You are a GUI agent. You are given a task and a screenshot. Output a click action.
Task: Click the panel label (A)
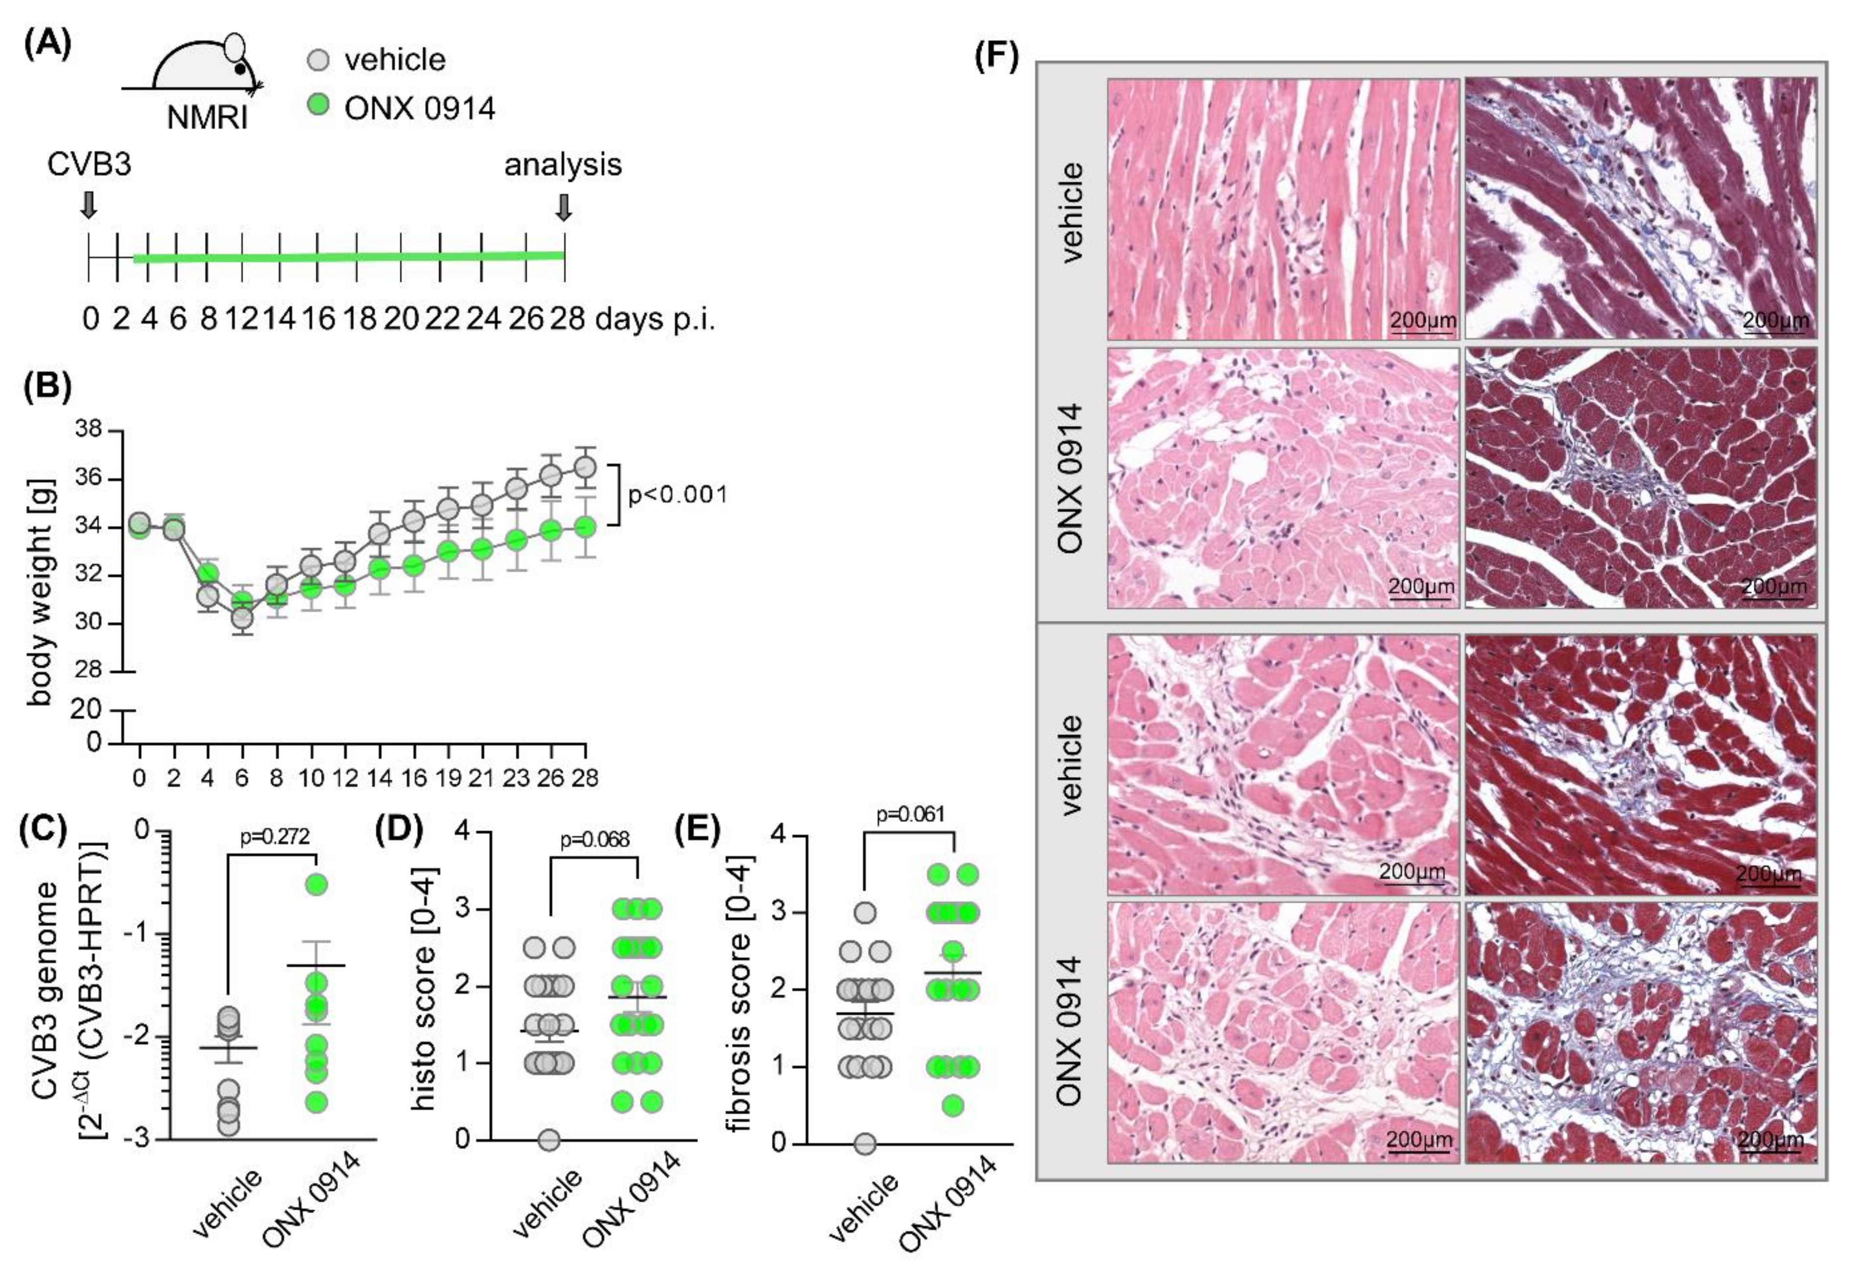(x=48, y=44)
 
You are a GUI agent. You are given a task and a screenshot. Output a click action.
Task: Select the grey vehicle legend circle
(x=317, y=60)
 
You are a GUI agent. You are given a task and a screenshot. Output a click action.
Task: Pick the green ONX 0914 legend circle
(x=317, y=105)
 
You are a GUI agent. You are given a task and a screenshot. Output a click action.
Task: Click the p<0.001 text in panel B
(x=678, y=495)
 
